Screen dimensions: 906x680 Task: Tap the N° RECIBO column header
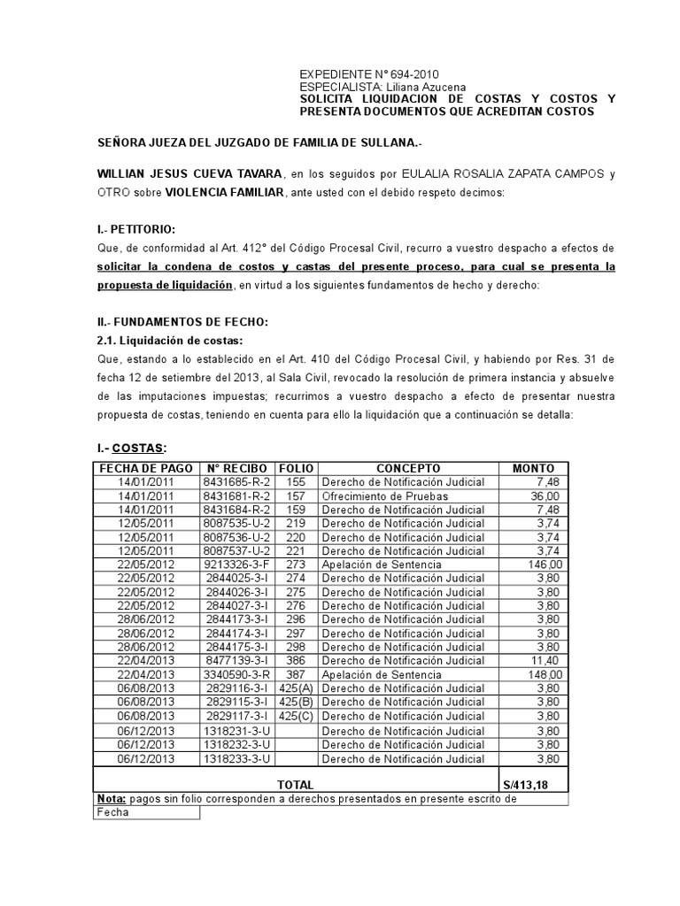click(236, 468)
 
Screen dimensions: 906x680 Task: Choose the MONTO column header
click(534, 468)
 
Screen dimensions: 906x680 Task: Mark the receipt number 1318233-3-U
click(236, 759)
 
